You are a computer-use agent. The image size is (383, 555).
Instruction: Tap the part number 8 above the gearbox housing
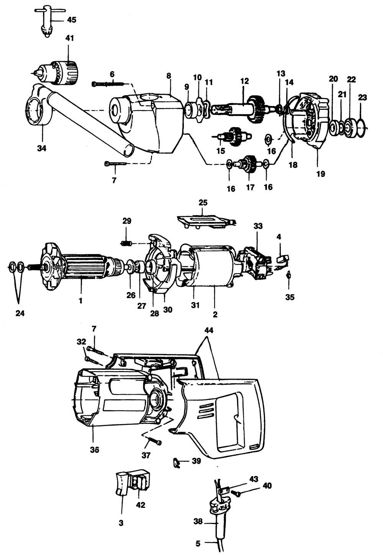point(169,76)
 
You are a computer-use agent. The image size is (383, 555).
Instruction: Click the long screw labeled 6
point(109,83)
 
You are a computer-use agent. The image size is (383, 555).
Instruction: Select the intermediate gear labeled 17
point(248,165)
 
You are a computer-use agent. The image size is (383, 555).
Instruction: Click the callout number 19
point(321,173)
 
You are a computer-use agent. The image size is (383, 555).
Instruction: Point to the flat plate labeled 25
point(203,221)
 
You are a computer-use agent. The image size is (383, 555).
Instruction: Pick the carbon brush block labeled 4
point(281,259)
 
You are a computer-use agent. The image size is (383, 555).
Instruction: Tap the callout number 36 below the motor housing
point(94,450)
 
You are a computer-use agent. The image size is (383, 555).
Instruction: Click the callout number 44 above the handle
point(209,330)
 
